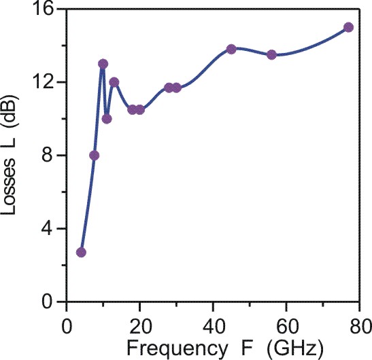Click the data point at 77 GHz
(348, 27)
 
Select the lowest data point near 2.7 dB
(81, 253)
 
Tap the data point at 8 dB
(94, 156)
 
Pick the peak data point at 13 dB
(103, 64)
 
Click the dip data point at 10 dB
(107, 119)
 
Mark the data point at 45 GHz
(231, 49)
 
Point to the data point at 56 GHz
(271, 55)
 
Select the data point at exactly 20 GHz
(140, 110)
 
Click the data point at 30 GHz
(177, 88)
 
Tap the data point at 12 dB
(114, 82)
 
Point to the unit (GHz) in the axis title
(295, 348)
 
